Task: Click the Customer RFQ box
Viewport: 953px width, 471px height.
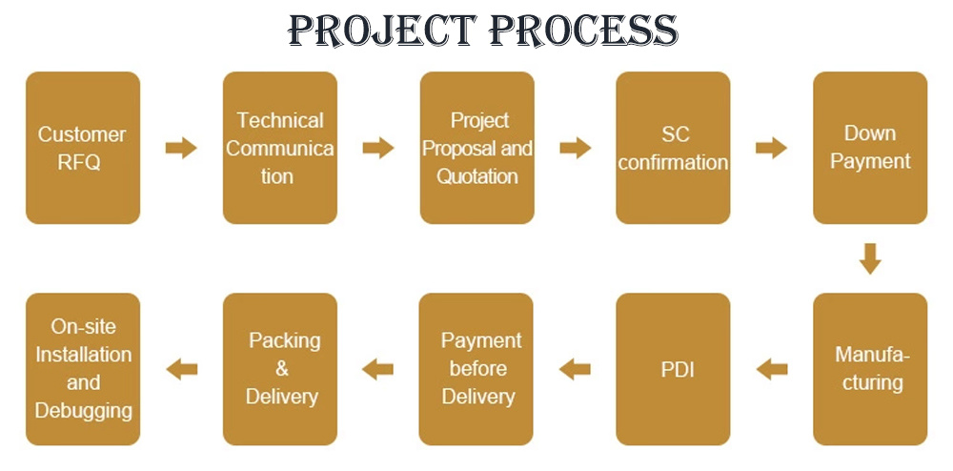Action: tap(83, 148)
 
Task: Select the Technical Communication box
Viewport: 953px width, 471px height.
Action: tap(280, 148)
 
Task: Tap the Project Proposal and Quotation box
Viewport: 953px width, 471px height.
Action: tap(477, 148)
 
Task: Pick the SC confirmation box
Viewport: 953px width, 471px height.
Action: tap(674, 148)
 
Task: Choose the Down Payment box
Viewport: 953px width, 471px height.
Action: tap(870, 148)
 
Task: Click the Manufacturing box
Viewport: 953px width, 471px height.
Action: tap(870, 369)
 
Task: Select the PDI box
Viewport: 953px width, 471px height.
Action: tap(674, 369)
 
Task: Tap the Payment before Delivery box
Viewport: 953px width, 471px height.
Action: tap(476, 369)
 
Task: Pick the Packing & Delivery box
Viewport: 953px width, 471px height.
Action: tap(280, 369)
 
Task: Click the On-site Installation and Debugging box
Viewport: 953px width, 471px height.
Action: tap(83, 369)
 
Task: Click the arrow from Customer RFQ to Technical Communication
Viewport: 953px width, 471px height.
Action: tap(181, 148)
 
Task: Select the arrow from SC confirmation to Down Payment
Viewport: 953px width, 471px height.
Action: tap(771, 148)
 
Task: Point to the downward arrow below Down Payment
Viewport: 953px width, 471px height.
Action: tap(870, 259)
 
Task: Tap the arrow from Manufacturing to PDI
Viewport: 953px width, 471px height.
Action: tap(772, 369)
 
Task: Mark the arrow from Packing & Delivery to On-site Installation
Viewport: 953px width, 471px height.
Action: tap(182, 369)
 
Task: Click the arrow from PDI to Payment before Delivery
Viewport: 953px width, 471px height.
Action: tap(575, 369)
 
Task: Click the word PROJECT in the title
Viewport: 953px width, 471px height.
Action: tap(382, 31)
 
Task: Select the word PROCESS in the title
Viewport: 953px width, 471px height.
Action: tap(583, 31)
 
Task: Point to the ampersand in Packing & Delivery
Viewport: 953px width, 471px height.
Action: tap(282, 368)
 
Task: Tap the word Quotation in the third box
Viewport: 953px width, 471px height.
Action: tap(477, 176)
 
